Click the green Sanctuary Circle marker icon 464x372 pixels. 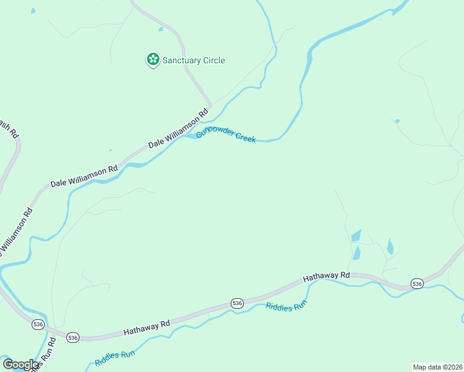(153, 60)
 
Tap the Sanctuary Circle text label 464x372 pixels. (194, 60)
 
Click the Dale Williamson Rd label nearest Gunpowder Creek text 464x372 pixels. (177, 130)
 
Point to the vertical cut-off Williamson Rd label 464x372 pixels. (17, 232)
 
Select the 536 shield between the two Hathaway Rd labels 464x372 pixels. (237, 303)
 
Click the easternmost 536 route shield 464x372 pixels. (417, 283)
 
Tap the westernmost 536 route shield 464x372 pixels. (38, 324)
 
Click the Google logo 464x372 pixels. (20, 365)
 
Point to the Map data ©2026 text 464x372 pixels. (437, 367)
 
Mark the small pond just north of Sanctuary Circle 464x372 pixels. (161, 29)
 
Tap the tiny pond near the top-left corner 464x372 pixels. (33, 11)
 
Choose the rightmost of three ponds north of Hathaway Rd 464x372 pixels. (390, 247)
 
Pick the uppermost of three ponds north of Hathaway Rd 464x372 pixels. (356, 236)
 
